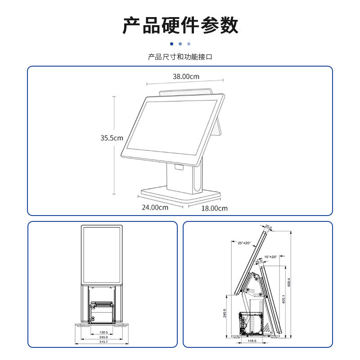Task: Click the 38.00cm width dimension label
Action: pos(186,76)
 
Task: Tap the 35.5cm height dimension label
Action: pos(112,138)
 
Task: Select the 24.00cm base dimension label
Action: pos(155,207)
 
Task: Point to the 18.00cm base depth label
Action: pos(214,208)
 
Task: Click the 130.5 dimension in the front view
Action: pos(103,332)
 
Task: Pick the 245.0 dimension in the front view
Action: pos(103,337)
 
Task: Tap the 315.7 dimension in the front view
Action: pos(103,342)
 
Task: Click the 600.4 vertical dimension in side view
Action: pos(289,281)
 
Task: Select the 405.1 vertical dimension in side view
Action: pos(283,299)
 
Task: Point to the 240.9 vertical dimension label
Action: pos(225,313)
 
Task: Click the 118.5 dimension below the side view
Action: pos(252,341)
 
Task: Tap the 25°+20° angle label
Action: pos(244,243)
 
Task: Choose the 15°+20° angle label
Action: pos(270,256)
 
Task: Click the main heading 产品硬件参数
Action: pos(180,25)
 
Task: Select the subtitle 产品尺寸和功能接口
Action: pos(180,57)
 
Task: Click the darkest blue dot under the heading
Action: pos(171,44)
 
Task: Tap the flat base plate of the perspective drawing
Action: pos(180,194)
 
